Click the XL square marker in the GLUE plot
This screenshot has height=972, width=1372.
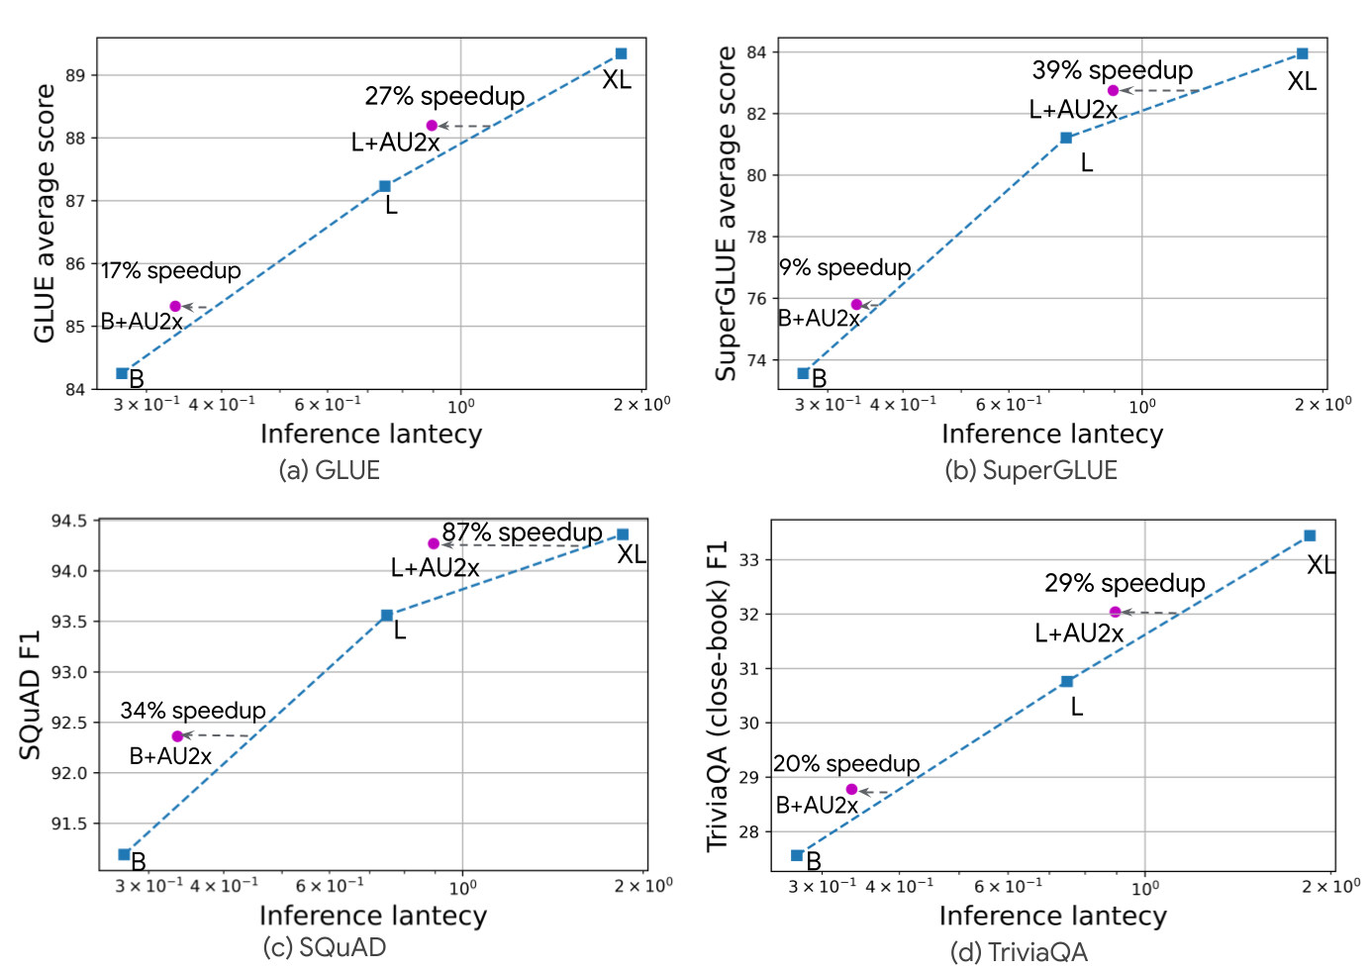tap(621, 53)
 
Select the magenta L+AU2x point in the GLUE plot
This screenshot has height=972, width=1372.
tap(432, 126)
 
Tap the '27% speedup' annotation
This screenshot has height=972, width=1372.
tap(444, 96)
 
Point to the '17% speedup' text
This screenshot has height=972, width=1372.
tap(171, 271)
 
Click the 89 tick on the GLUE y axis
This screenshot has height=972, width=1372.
tap(76, 75)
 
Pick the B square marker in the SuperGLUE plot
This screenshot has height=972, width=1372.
tap(803, 373)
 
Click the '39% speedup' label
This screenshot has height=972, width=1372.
tap(1113, 70)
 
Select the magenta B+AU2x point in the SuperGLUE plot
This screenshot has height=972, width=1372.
tap(856, 305)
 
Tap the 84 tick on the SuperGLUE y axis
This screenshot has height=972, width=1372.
tap(757, 52)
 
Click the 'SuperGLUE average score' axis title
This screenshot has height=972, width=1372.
tap(727, 213)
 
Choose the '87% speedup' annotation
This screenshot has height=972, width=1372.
tap(522, 533)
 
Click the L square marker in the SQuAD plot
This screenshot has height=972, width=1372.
tap(387, 616)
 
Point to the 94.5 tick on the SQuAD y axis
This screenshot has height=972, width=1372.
tap(68, 521)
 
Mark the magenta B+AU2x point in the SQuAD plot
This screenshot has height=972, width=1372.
tap(177, 736)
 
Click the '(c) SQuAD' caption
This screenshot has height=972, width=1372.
tap(325, 947)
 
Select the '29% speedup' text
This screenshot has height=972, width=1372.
tap(1125, 583)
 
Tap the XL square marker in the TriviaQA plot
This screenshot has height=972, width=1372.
tap(1310, 535)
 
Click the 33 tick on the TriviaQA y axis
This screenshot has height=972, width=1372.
tap(749, 560)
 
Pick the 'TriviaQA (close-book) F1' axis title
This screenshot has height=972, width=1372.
tap(717, 696)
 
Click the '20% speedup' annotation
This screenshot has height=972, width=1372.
tap(846, 764)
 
